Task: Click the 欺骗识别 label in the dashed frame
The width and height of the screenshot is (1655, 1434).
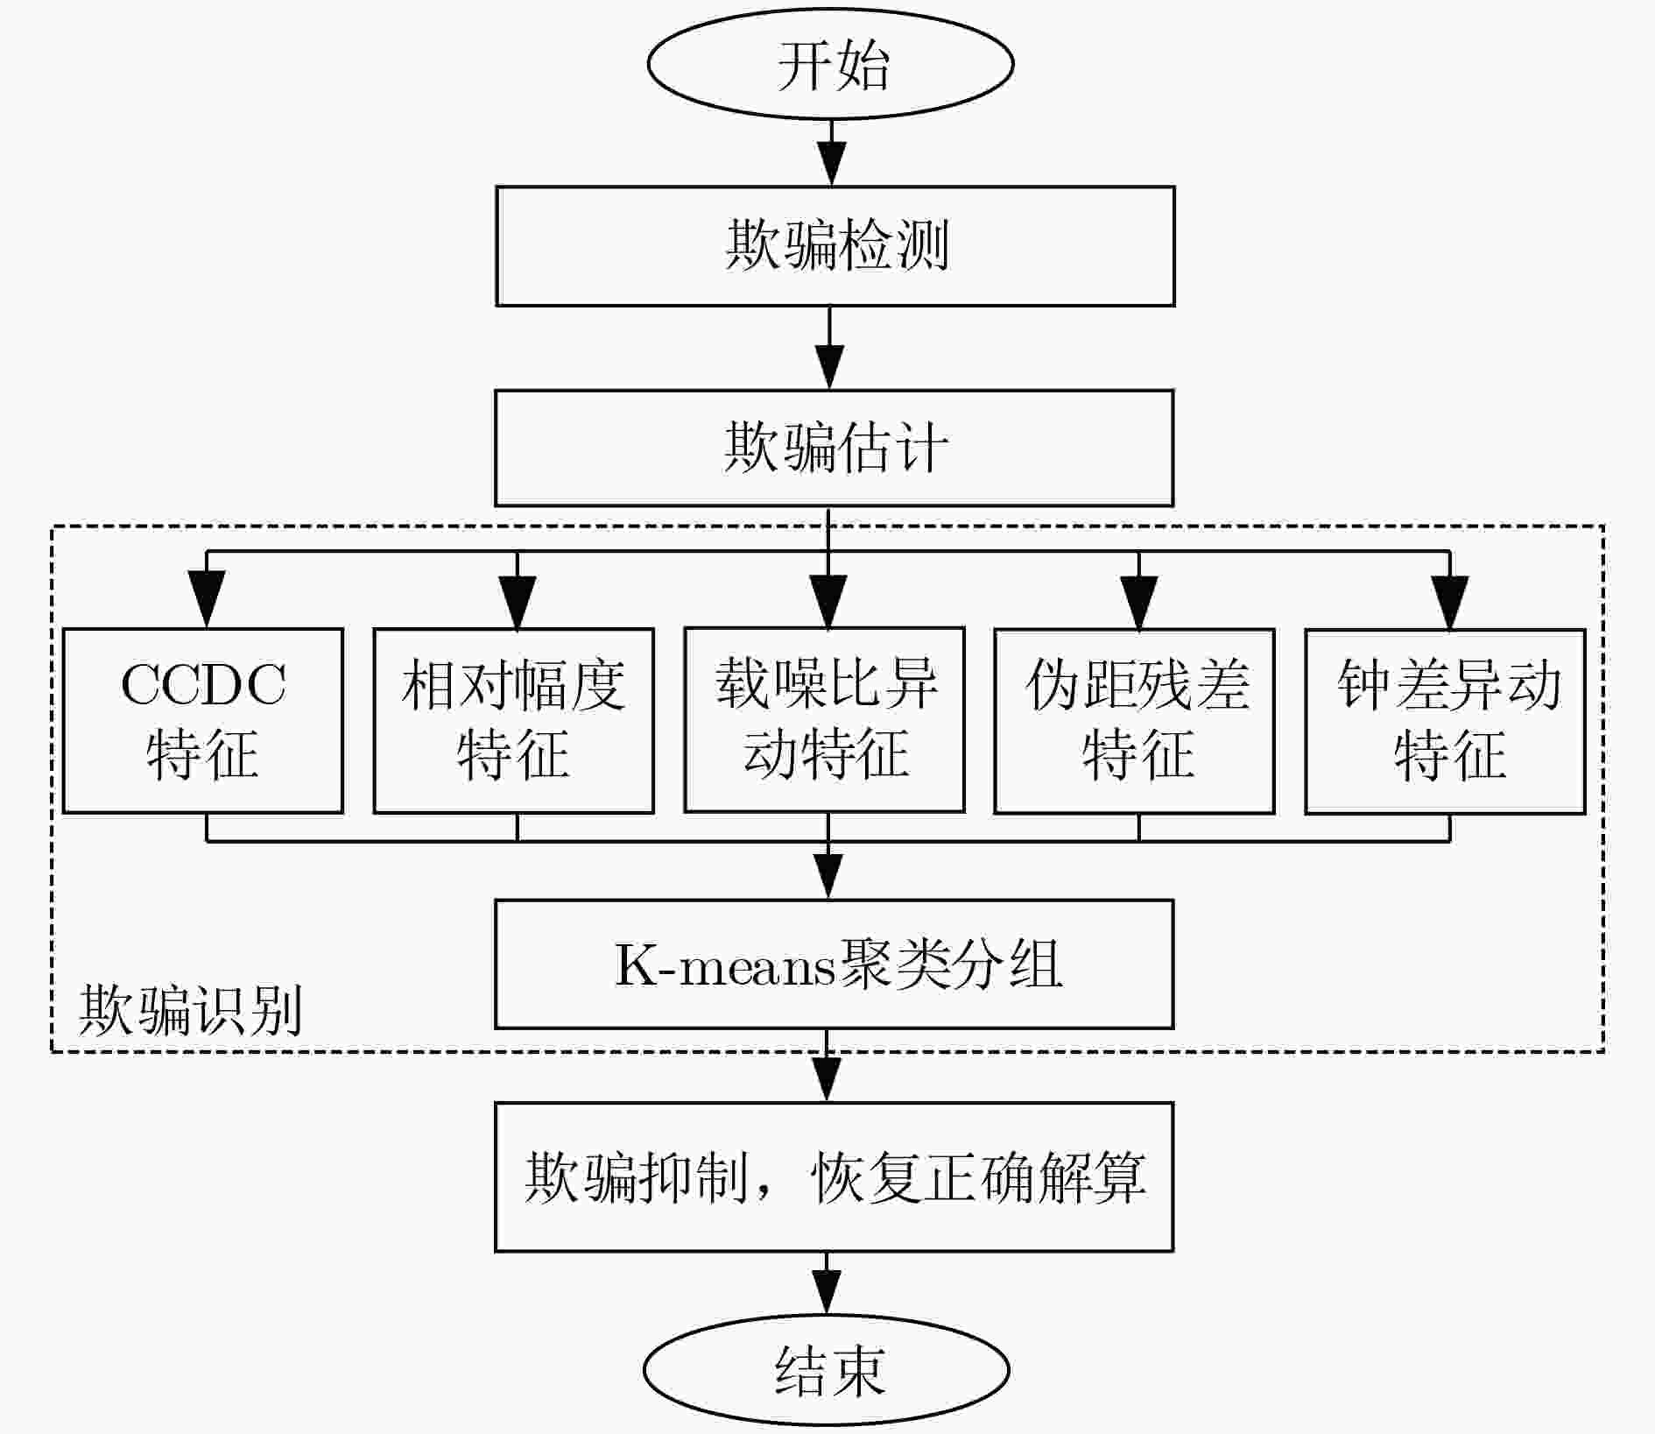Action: tap(190, 1009)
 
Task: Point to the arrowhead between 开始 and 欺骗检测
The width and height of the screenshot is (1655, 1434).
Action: tap(831, 163)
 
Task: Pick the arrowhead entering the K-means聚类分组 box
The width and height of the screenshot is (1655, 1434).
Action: tap(828, 877)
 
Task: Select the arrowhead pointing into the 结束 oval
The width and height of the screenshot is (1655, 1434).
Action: tap(827, 1293)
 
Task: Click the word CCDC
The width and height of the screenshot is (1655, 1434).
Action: tap(203, 684)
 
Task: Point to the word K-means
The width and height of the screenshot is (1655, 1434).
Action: tap(725, 964)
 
